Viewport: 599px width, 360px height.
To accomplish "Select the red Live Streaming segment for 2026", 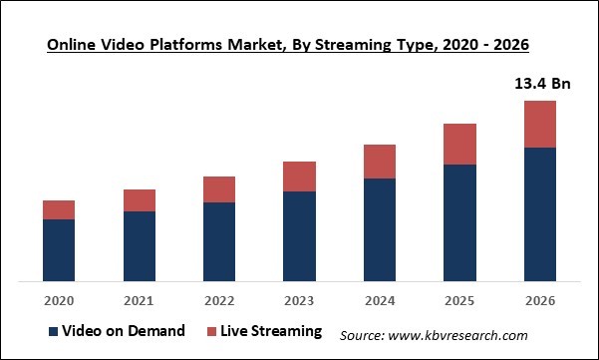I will pyautogui.click(x=539, y=124).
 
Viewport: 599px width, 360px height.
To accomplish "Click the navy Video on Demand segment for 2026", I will pyautogui.click(x=539, y=214).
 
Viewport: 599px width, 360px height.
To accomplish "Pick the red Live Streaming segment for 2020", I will pyautogui.click(x=59, y=209).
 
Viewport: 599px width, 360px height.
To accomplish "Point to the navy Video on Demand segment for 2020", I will pyautogui.click(x=59, y=250).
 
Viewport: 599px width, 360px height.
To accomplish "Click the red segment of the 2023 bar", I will pyautogui.click(x=299, y=177).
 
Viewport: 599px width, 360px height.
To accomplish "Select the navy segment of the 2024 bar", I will pyautogui.click(x=380, y=230).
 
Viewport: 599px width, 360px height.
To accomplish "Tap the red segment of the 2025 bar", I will pyautogui.click(x=459, y=145).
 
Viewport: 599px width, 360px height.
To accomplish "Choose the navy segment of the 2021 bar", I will pyautogui.click(x=140, y=246).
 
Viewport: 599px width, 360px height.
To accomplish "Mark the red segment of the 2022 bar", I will pyautogui.click(x=219, y=189).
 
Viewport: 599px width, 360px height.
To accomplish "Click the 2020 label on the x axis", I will pyautogui.click(x=59, y=300).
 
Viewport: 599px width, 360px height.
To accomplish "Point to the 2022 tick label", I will pyautogui.click(x=219, y=300).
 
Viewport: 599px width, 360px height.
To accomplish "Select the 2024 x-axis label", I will pyautogui.click(x=380, y=300).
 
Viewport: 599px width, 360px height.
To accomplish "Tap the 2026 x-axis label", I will pyautogui.click(x=539, y=300).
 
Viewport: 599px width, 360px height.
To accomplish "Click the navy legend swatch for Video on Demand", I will pyautogui.click(x=52, y=332).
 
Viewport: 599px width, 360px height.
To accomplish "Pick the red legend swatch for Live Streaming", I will pyautogui.click(x=213, y=332).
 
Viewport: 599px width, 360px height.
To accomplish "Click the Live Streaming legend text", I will pyautogui.click(x=273, y=331).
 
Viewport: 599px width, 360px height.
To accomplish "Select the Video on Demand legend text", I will pyautogui.click(x=124, y=331).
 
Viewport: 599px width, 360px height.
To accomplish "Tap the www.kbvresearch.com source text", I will pyautogui.click(x=435, y=335).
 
